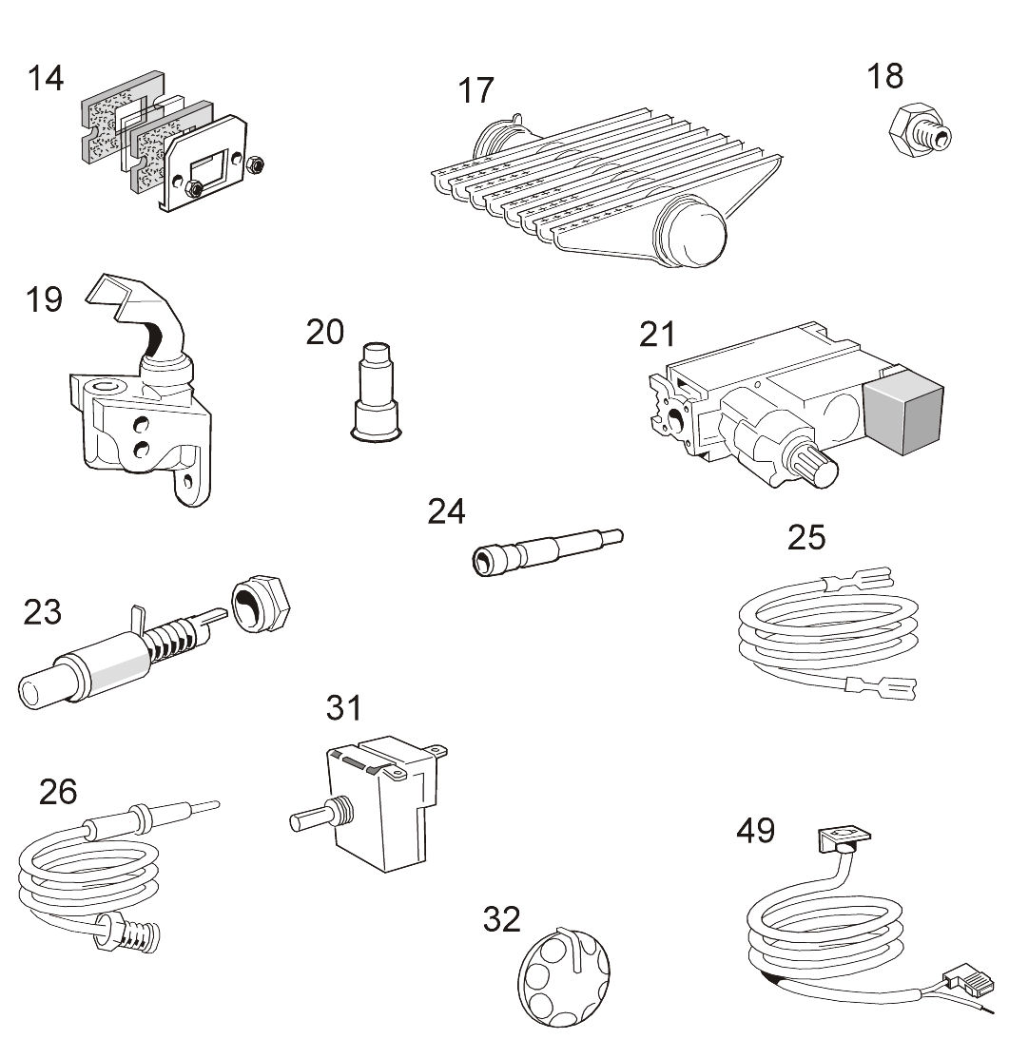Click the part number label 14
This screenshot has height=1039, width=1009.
(45, 78)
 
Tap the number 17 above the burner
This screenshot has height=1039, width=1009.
(476, 90)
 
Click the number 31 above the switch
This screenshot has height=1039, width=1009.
(344, 708)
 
